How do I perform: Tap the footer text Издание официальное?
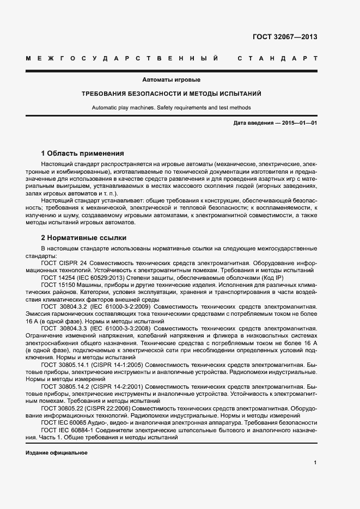[56, 453]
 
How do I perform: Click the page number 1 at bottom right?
[315, 463]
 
